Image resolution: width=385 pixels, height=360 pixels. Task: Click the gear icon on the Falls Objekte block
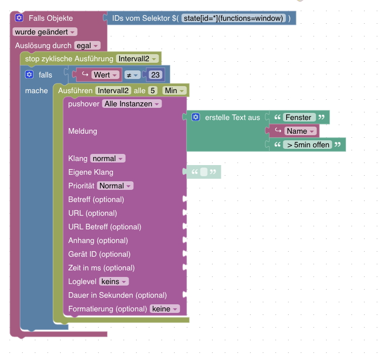click(x=19, y=18)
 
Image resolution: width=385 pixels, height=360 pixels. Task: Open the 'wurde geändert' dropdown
click(x=45, y=32)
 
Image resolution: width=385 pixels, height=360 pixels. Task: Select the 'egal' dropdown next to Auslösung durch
click(x=87, y=46)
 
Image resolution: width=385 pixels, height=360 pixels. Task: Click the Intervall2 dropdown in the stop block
click(x=137, y=59)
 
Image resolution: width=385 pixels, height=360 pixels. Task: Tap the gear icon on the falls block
click(x=29, y=75)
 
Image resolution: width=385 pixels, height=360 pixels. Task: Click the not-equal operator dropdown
click(x=132, y=75)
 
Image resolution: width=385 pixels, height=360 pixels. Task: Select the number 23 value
click(x=156, y=75)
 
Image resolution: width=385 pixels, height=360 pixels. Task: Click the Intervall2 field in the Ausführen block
click(x=114, y=91)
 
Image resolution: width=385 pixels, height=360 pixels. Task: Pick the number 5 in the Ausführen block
click(x=153, y=91)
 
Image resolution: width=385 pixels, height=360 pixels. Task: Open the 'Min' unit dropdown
click(x=174, y=91)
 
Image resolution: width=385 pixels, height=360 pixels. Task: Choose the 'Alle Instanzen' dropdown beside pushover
click(x=132, y=104)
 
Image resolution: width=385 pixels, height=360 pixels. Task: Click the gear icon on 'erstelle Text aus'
click(x=196, y=117)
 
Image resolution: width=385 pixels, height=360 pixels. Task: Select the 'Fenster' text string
click(x=298, y=117)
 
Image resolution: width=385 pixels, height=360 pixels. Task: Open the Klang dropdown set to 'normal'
click(x=107, y=158)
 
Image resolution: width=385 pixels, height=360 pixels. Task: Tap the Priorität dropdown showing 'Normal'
click(x=115, y=186)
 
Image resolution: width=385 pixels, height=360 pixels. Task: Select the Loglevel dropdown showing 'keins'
click(x=114, y=282)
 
